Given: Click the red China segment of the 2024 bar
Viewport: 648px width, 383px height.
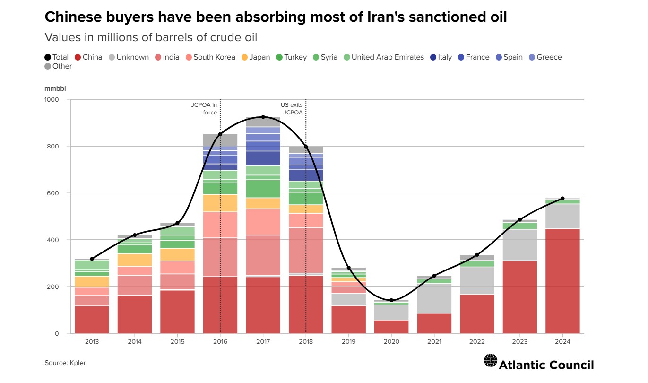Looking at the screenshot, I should click(x=562, y=281).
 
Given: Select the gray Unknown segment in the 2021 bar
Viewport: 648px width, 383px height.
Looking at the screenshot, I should click(x=434, y=298).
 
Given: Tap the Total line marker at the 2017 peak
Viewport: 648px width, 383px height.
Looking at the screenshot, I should click(x=263, y=117).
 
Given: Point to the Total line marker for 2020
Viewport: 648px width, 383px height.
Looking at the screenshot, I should click(x=391, y=300).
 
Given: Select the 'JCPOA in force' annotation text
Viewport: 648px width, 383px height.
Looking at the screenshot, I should click(x=204, y=109).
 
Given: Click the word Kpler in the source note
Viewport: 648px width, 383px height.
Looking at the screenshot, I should click(x=78, y=363).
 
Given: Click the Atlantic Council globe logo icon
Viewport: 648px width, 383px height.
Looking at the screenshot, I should click(x=491, y=361).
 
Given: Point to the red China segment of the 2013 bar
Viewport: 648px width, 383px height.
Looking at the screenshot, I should click(x=92, y=320).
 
